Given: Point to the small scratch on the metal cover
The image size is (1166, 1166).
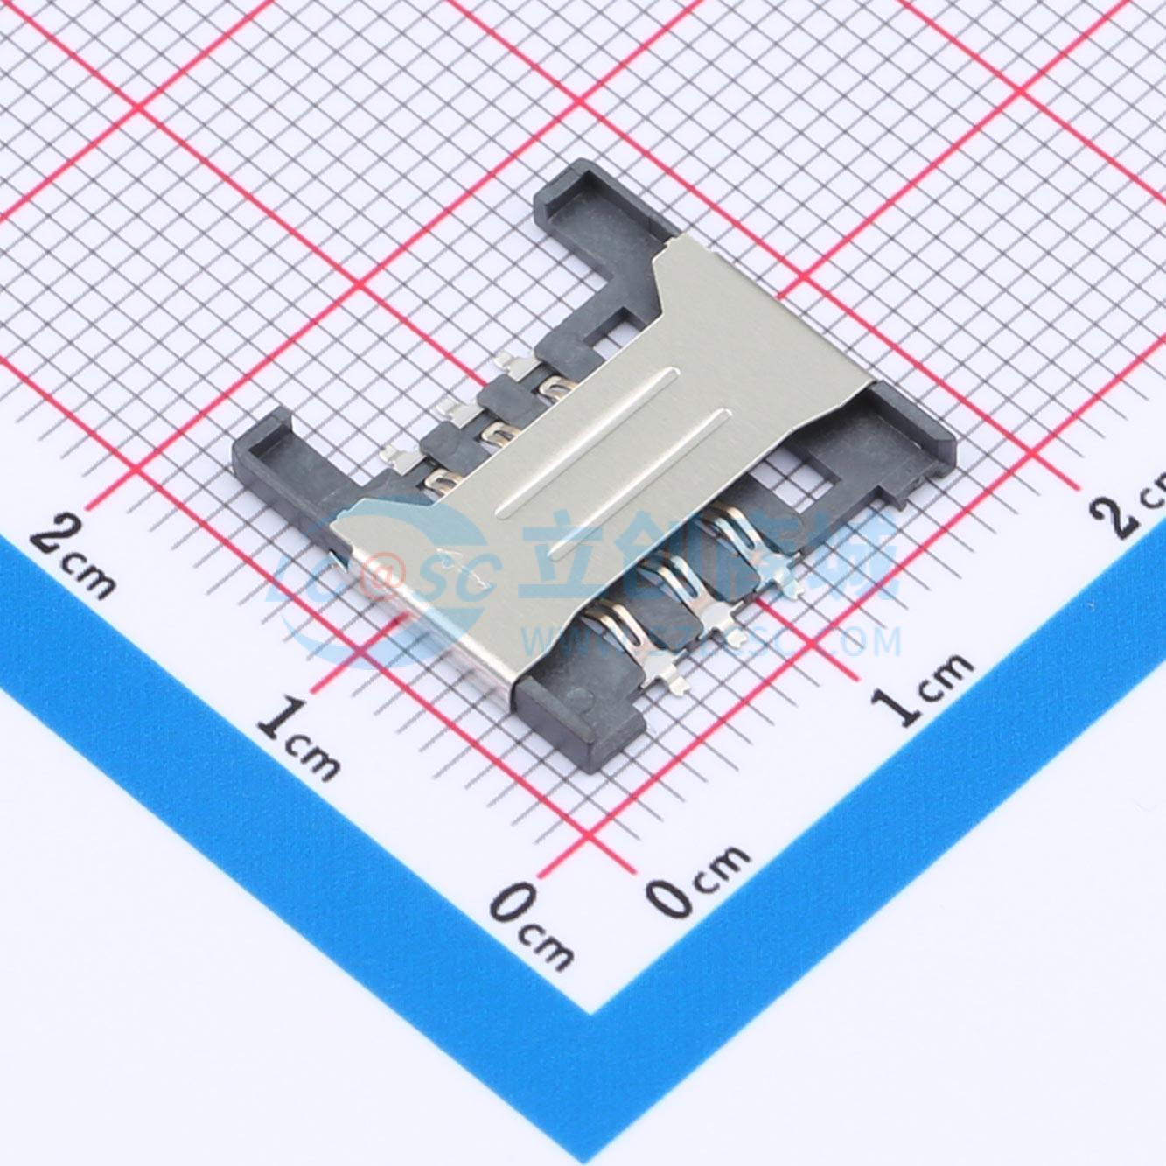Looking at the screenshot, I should click(x=464, y=569).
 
